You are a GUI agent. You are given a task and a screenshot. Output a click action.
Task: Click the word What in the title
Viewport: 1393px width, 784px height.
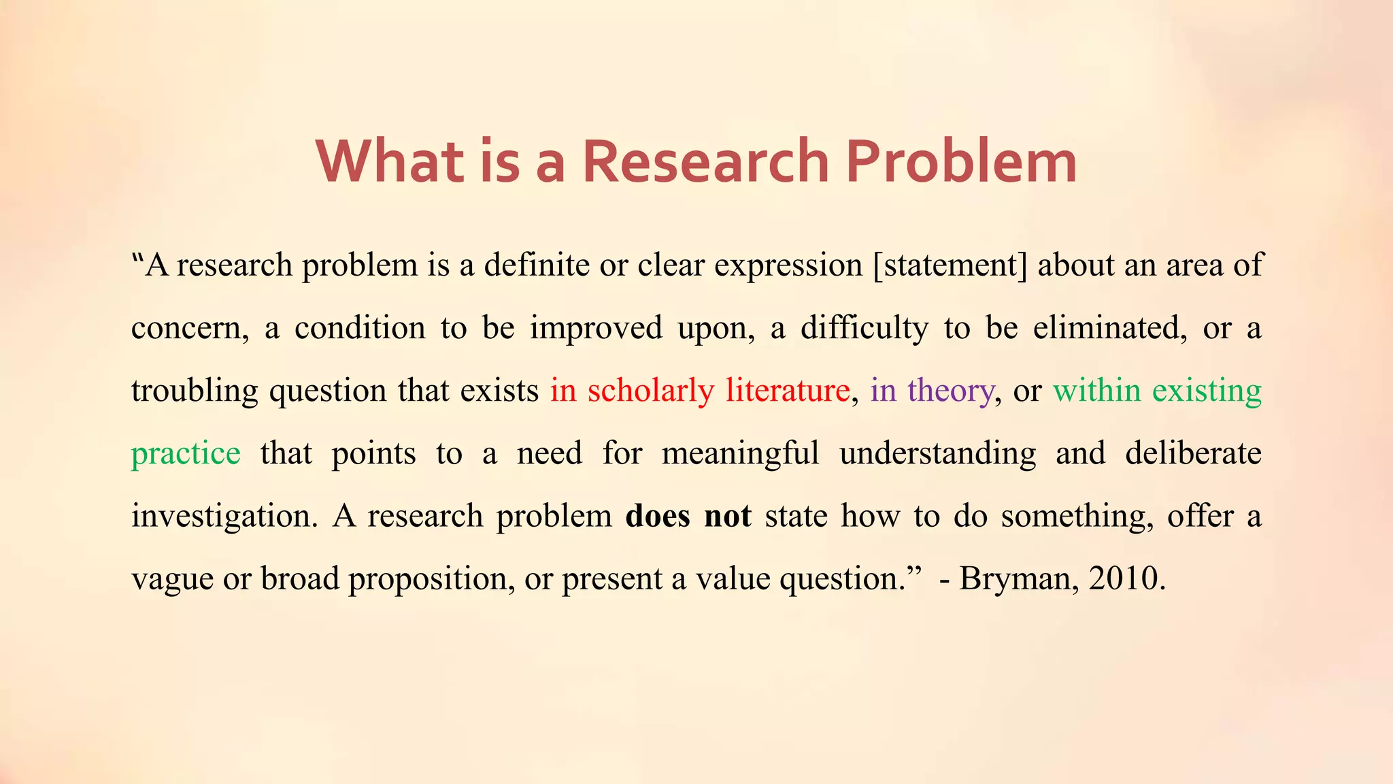390,161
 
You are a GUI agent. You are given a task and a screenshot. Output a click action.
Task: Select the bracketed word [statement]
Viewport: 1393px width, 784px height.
950,265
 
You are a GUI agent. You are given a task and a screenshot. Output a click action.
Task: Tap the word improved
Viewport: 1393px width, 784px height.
596,328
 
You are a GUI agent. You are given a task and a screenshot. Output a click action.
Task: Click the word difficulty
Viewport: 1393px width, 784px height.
864,328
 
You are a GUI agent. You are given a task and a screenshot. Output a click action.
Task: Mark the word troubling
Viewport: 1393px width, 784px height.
195,391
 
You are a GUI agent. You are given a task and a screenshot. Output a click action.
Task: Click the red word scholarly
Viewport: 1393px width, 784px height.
650,391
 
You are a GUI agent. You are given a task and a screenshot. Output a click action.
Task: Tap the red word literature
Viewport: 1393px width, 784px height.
788,391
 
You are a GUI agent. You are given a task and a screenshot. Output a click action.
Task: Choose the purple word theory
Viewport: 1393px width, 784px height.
950,391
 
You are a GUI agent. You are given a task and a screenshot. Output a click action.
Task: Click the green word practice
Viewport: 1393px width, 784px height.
186,454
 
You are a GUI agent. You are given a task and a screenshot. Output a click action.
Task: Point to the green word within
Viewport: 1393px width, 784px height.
1096,391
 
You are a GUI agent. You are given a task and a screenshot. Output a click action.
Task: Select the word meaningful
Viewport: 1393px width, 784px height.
740,454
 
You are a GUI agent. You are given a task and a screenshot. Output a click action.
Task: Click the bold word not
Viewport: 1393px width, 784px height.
727,516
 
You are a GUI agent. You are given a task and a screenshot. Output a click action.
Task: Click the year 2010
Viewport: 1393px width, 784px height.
1126,578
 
